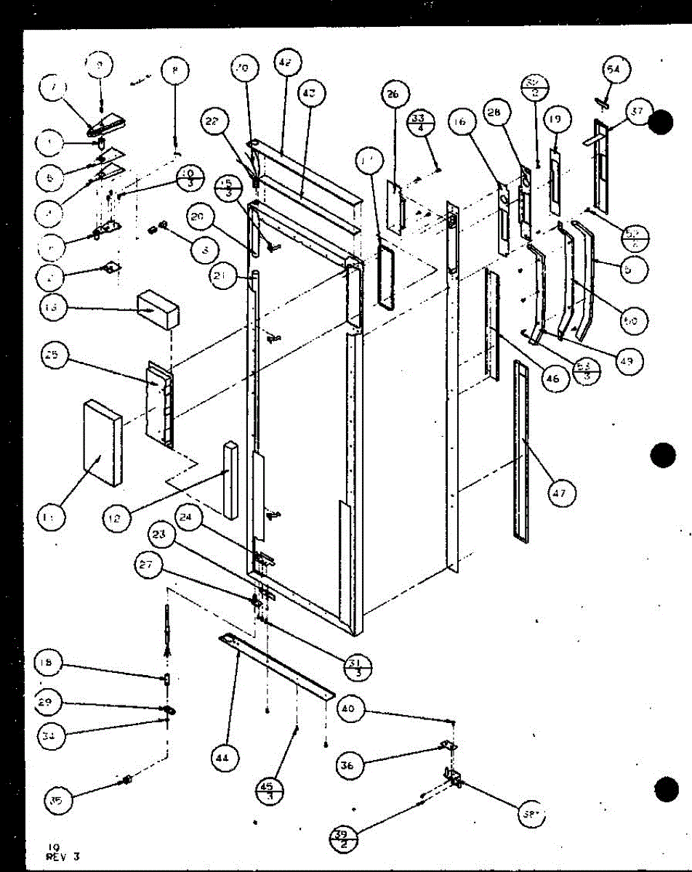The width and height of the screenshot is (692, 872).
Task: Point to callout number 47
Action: (561, 493)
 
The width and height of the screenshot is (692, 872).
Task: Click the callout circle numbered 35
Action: (57, 801)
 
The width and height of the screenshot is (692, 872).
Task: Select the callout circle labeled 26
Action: (393, 95)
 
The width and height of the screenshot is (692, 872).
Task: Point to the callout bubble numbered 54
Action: (614, 70)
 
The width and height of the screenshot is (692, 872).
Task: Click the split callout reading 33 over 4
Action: (440, 120)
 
